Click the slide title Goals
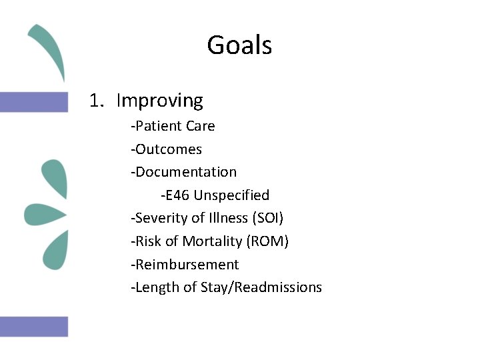239,45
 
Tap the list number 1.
97,101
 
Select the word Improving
159,101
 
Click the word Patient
156,126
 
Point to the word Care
201,126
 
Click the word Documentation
185,172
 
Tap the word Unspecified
231,195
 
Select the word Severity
159,218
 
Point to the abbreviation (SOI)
268,218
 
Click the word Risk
147,241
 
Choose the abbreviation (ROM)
267,241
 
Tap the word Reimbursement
187,264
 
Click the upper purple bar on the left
34,102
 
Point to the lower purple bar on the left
34,327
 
